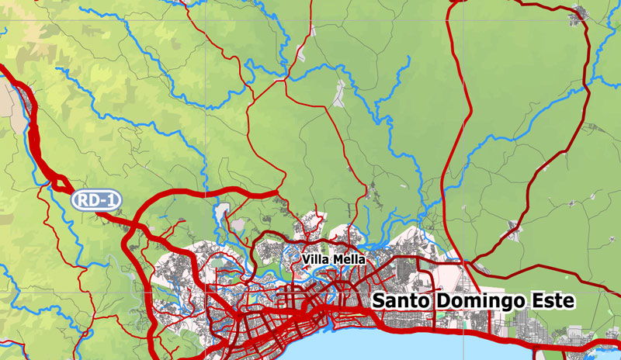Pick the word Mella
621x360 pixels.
coord(349,258)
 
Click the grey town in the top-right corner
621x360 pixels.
coord(578,12)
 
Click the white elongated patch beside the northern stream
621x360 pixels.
coord(338,93)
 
